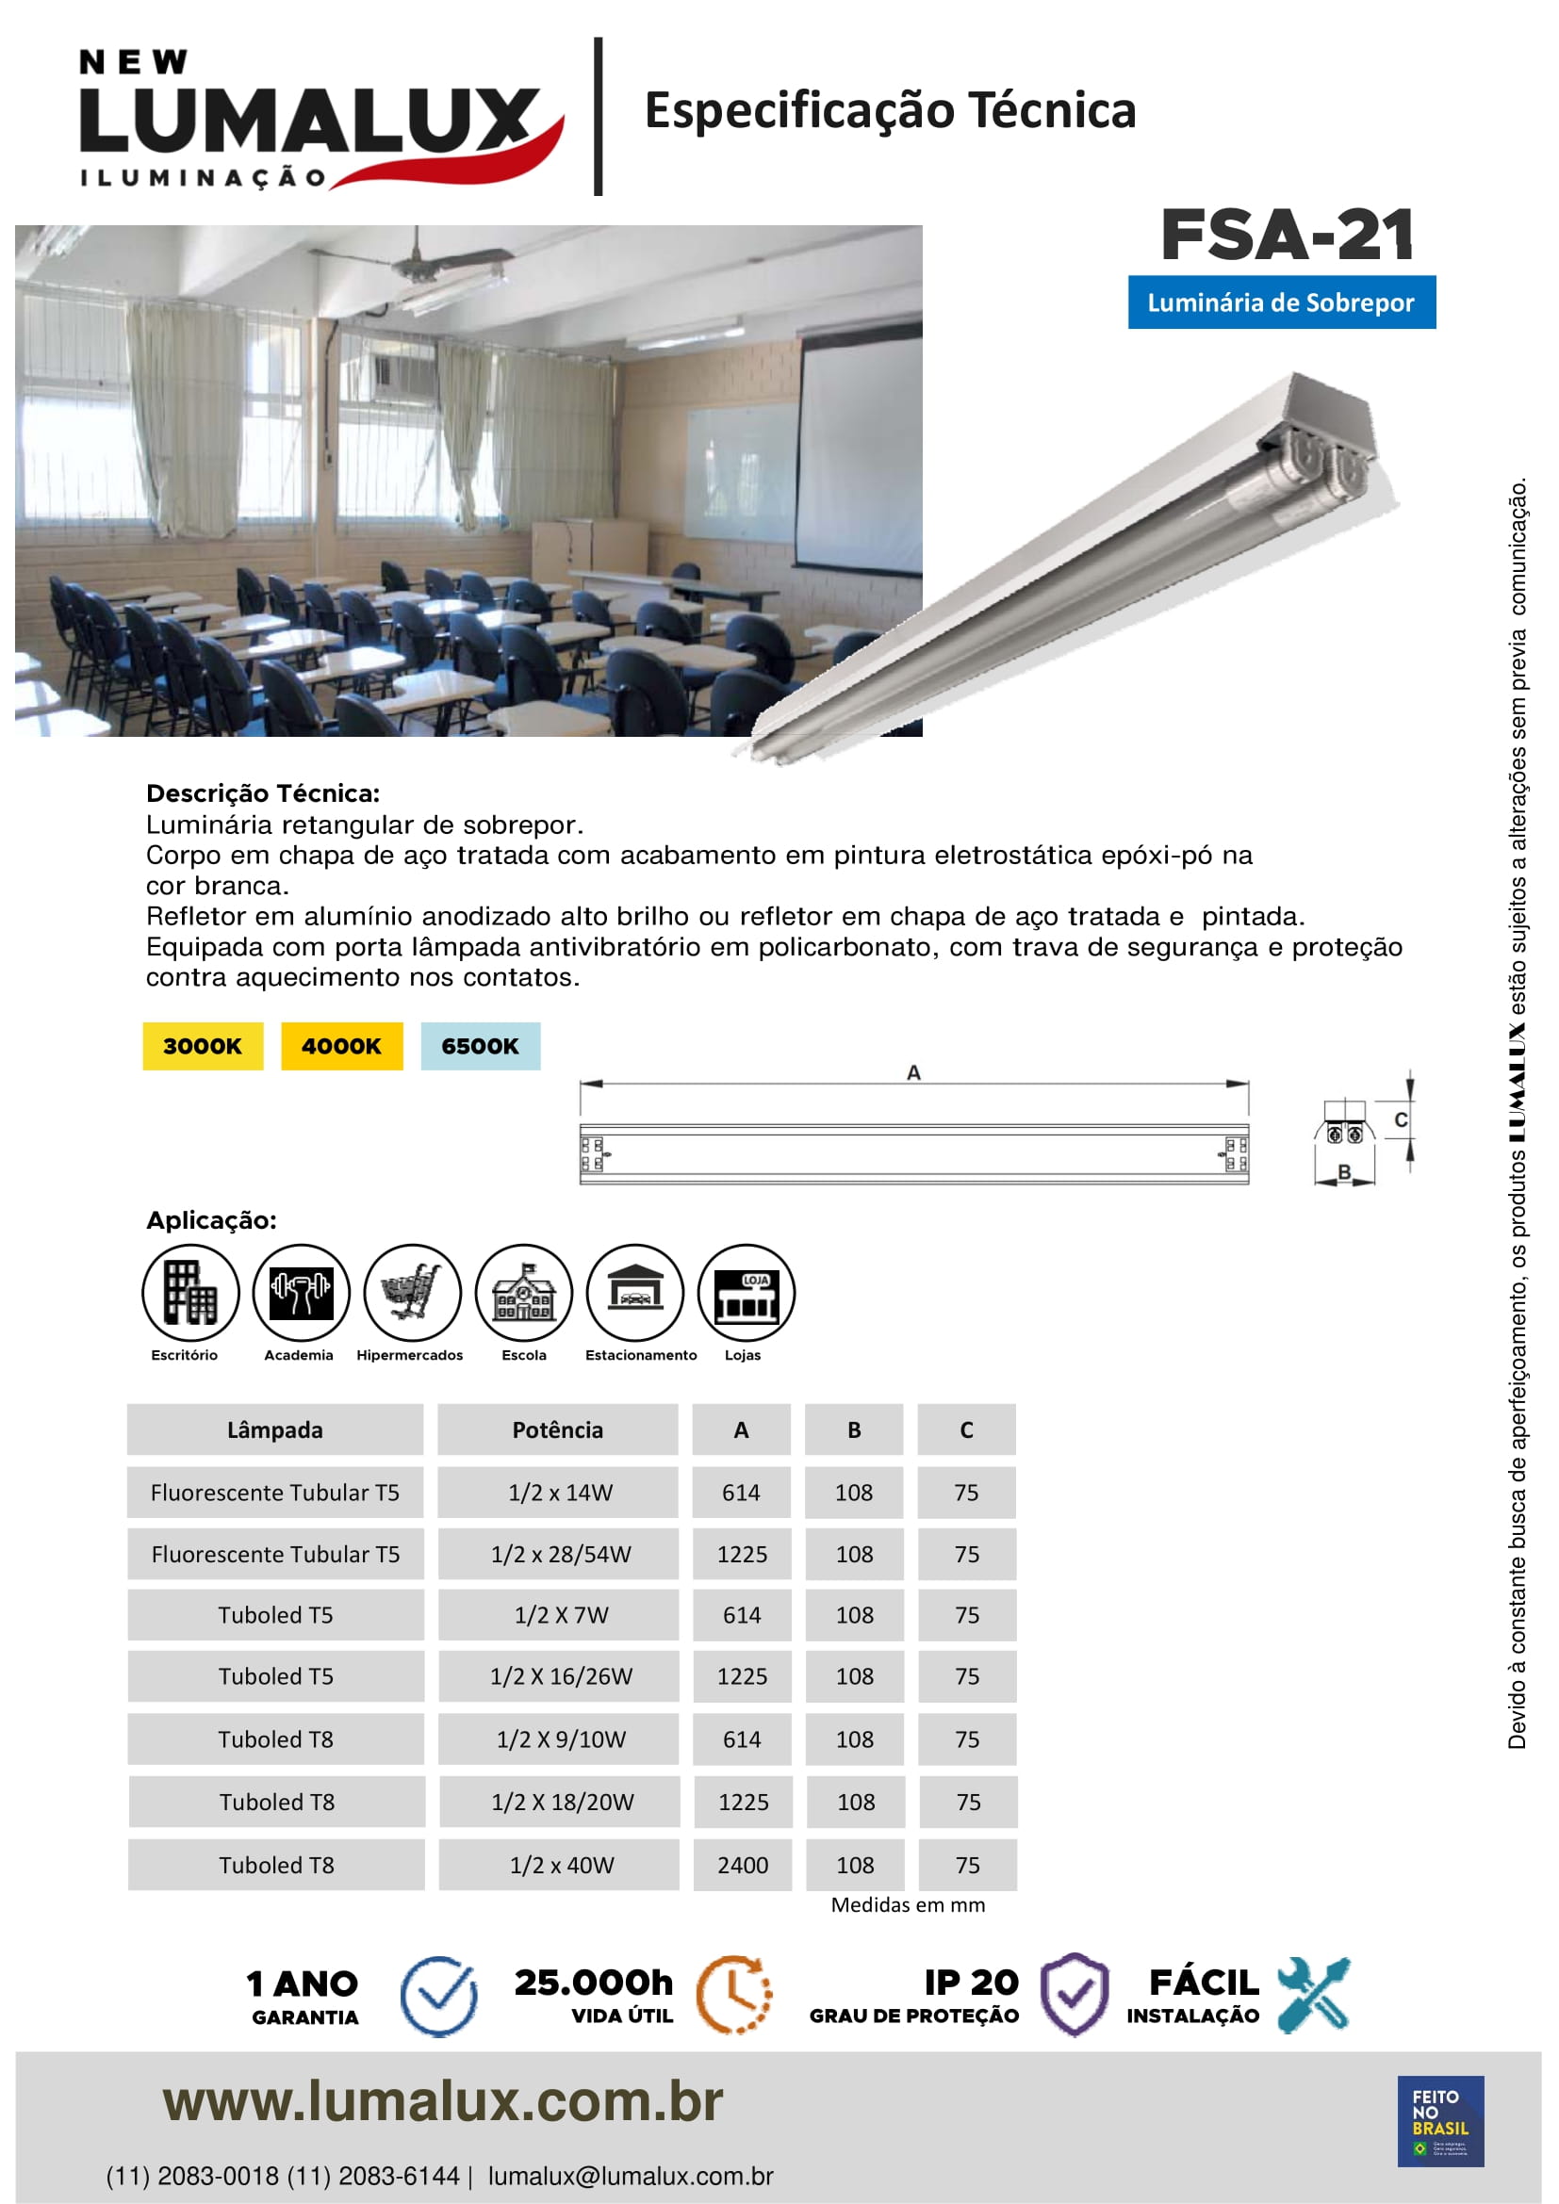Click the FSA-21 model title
click(x=1287, y=237)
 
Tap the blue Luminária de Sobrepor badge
click(x=1281, y=302)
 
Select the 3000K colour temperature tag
click(x=203, y=1046)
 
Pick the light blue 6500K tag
click(x=480, y=1046)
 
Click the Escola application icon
click(x=524, y=1292)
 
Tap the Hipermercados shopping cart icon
click(x=413, y=1292)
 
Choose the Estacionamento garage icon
click(x=635, y=1292)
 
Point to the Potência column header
click(x=558, y=1430)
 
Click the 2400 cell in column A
click(x=742, y=1865)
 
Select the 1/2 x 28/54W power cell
click(x=561, y=1554)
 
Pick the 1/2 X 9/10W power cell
click(x=561, y=1739)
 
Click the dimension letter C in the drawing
click(x=1401, y=1120)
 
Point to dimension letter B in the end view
click(x=1344, y=1172)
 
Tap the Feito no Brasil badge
click(x=1440, y=2120)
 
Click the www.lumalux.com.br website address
click(x=443, y=2101)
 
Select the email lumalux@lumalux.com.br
click(x=630, y=2176)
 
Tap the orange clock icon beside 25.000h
click(x=733, y=1995)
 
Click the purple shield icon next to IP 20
click(x=1075, y=1995)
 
